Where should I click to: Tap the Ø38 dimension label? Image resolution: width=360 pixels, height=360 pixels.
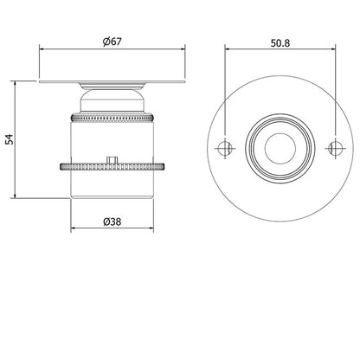(x=111, y=222)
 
